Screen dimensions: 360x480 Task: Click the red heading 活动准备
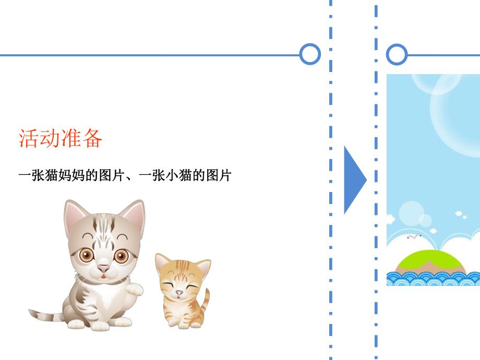click(x=61, y=138)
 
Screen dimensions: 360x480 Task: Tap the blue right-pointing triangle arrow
click(x=354, y=179)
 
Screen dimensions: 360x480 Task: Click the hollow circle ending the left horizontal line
click(x=310, y=54)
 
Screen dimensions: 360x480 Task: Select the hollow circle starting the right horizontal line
click(x=397, y=54)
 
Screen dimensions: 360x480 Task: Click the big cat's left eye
click(x=86, y=255)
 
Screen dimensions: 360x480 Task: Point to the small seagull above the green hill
click(x=413, y=237)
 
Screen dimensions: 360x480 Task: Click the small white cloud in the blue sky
click(x=460, y=213)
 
